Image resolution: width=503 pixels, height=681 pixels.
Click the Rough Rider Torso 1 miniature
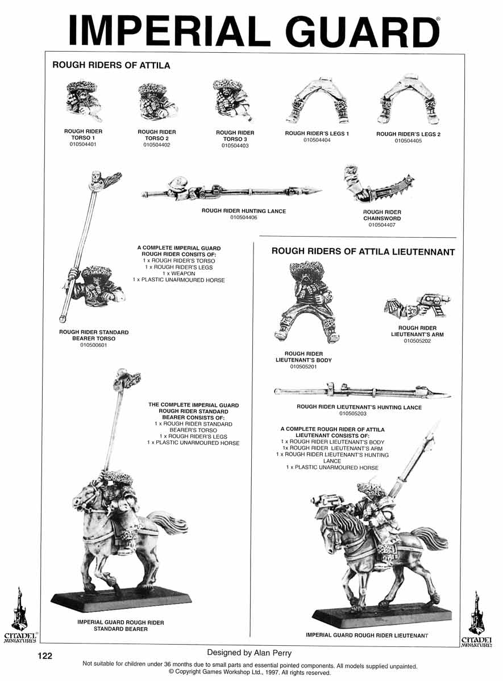(x=84, y=100)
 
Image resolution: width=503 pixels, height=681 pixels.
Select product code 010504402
(x=156, y=145)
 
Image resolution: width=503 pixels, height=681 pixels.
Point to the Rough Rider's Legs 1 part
(x=318, y=101)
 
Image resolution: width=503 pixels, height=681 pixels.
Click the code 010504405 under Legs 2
(x=408, y=141)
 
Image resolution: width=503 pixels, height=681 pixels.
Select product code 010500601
(x=94, y=345)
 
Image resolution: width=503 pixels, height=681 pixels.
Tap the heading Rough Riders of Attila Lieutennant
(x=363, y=252)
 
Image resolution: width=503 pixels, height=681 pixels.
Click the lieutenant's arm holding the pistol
(x=417, y=305)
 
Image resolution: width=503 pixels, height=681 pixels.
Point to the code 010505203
(x=353, y=414)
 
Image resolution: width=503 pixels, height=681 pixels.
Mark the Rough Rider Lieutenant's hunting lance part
(x=363, y=391)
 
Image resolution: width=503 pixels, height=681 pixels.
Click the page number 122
(x=45, y=655)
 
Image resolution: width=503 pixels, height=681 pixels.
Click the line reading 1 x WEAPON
(x=178, y=274)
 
